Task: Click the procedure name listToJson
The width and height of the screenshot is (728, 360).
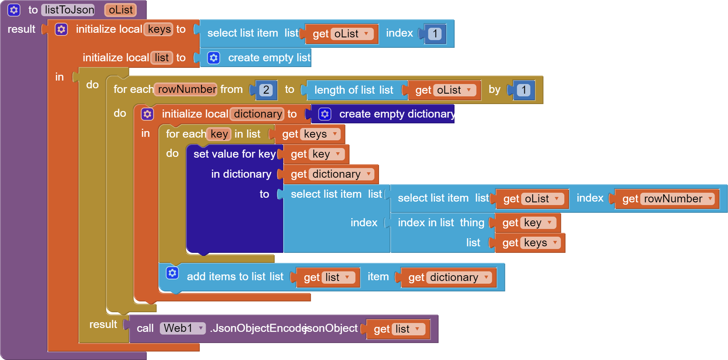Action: pyautogui.click(x=69, y=10)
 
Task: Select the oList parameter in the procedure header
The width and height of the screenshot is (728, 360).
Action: pyautogui.click(x=121, y=10)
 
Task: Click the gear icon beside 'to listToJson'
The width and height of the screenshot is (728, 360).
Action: pyautogui.click(x=14, y=10)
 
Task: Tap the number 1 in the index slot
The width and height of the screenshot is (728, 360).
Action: pyautogui.click(x=435, y=34)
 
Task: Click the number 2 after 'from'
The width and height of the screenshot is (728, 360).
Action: pyautogui.click(x=266, y=90)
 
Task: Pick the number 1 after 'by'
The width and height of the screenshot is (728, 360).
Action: pyautogui.click(x=523, y=90)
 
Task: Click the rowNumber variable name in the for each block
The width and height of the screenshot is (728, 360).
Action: pyautogui.click(x=187, y=89)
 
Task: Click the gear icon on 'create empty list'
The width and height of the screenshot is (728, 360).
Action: pyautogui.click(x=213, y=58)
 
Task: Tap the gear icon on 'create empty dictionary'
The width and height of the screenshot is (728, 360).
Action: pyautogui.click(x=325, y=114)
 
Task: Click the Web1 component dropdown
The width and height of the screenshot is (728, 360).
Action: pyautogui.click(x=183, y=328)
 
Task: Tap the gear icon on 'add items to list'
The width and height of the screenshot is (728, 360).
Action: pyautogui.click(x=172, y=273)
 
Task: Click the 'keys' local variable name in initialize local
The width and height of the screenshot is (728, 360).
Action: pyautogui.click(x=159, y=29)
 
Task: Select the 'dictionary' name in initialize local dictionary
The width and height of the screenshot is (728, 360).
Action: pyautogui.click(x=258, y=114)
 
